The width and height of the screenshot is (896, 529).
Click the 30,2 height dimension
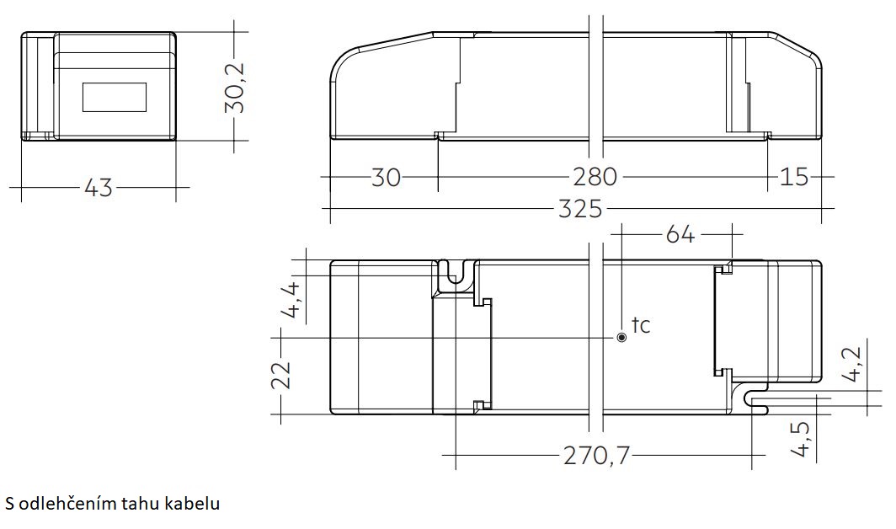pos(235,87)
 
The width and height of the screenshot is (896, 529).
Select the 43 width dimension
pos(99,188)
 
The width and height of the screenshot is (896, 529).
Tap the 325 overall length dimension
pos(580,209)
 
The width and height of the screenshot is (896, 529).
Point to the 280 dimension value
pos(595,177)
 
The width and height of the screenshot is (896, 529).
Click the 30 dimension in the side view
pos(387,177)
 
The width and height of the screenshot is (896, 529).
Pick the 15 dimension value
pos(795,177)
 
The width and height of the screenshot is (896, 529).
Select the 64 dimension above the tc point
pos(680,234)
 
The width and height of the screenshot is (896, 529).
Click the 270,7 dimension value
pos(596,456)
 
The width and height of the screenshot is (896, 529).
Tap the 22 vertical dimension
pos(281,375)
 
